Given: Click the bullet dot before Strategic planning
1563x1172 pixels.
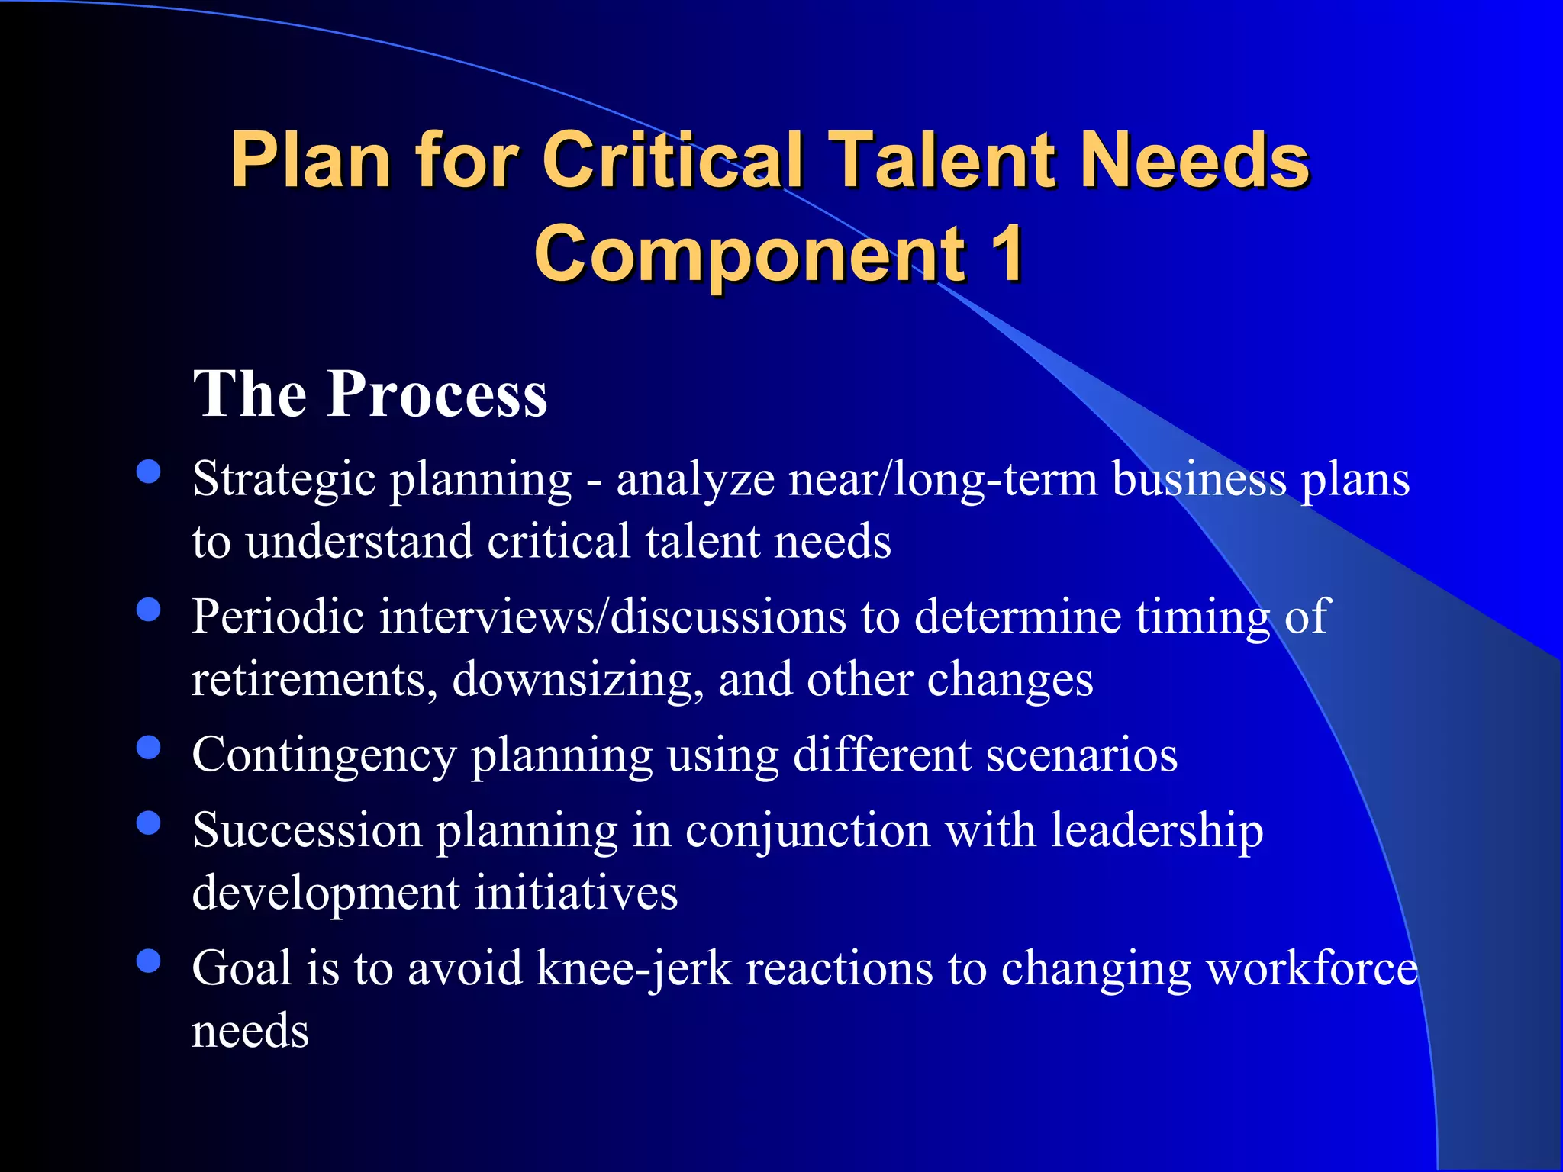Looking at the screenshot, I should click(x=149, y=472).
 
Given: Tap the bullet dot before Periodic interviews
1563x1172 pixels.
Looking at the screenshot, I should click(x=149, y=610).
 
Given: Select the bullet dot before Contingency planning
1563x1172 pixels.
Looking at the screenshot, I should click(x=149, y=747).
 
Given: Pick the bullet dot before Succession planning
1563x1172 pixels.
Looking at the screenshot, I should click(x=149, y=823).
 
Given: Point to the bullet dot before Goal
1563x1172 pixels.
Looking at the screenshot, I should click(x=149, y=961).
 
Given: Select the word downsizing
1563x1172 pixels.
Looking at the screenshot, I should click(x=578, y=679).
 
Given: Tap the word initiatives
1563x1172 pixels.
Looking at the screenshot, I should click(x=576, y=893).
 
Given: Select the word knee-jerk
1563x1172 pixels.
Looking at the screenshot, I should click(x=633, y=969).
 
